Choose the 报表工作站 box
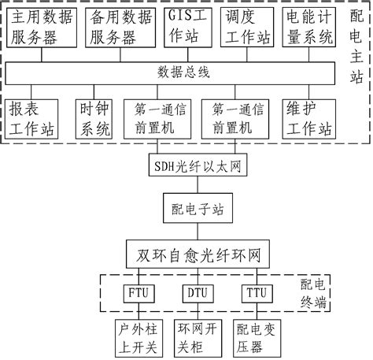point(32,119)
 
